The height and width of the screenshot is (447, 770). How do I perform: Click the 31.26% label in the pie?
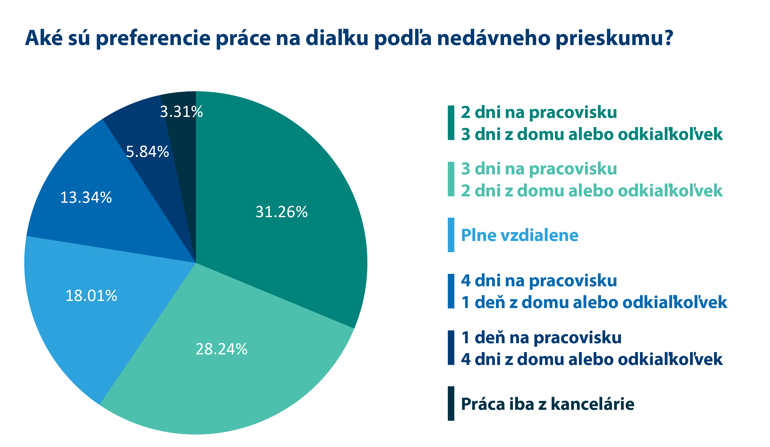click(x=281, y=212)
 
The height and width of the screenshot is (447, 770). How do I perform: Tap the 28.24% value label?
click(x=221, y=349)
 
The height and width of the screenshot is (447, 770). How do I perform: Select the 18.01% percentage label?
click(x=91, y=296)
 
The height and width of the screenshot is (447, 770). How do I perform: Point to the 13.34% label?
click(x=86, y=197)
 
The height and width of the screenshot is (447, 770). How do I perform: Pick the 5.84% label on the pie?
click(x=147, y=152)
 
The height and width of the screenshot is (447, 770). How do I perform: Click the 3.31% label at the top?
click(x=181, y=112)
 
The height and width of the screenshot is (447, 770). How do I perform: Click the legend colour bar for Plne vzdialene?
click(x=451, y=235)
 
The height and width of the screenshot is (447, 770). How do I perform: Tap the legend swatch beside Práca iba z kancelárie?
click(x=451, y=403)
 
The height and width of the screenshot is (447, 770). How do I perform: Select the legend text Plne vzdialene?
click(x=519, y=235)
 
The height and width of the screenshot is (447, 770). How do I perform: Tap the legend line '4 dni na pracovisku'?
click(x=539, y=280)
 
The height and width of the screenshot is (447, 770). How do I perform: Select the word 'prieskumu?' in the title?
click(x=614, y=38)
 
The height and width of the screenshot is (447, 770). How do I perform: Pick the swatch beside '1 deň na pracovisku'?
click(x=451, y=347)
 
